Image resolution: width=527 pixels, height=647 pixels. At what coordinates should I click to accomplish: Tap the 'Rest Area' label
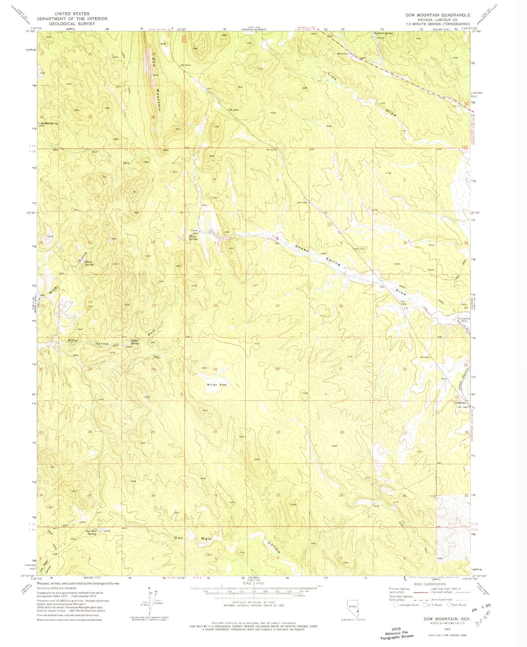tap(343, 54)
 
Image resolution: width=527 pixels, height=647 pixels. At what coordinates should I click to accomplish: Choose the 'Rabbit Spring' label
tap(49, 124)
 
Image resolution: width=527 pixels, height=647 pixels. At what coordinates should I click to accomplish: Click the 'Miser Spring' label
tap(90, 264)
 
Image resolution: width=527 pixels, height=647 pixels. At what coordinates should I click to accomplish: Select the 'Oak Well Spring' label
tap(91, 532)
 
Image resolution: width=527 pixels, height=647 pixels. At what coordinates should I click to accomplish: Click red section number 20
tap(278, 369)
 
